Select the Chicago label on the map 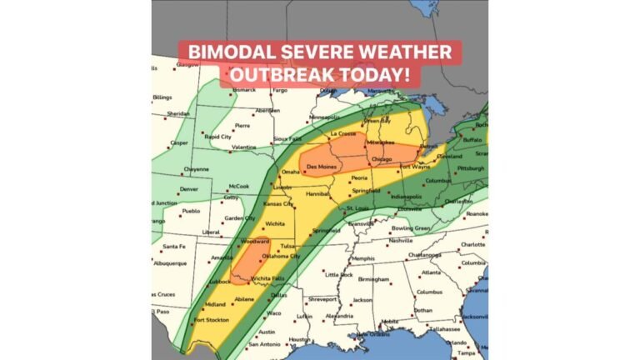click(x=382, y=158)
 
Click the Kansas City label click(x=277, y=204)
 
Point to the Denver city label click(x=189, y=189)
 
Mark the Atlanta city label click(x=431, y=272)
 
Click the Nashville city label click(x=401, y=241)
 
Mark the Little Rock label click(x=339, y=274)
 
